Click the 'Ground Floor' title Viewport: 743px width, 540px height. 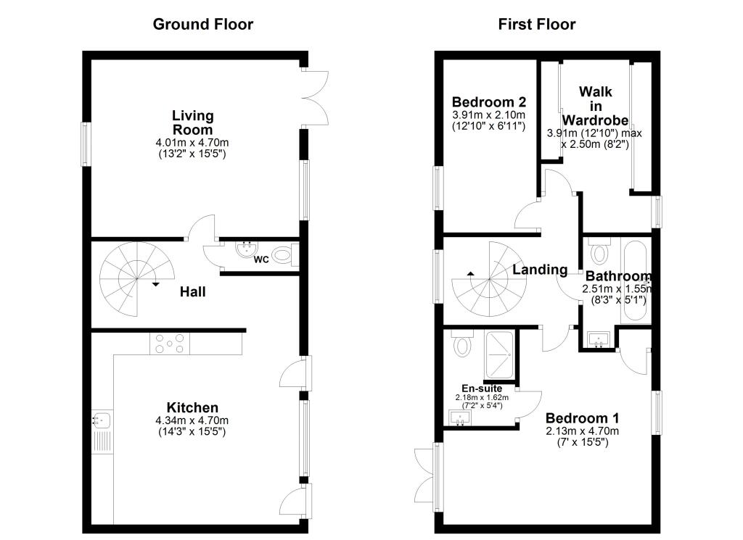point(202,24)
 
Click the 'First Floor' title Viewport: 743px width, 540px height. point(536,24)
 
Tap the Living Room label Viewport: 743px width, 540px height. point(192,122)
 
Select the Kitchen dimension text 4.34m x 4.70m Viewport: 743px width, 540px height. point(192,420)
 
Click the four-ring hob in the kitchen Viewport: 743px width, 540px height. point(169,344)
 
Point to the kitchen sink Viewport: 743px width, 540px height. point(101,419)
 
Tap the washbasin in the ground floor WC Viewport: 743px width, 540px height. point(247,250)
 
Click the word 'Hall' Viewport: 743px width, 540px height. point(194,292)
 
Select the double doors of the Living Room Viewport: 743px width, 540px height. point(316,98)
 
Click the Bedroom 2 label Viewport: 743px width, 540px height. point(488,102)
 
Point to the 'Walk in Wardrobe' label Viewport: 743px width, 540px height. point(595,106)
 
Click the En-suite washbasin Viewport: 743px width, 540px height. point(460,418)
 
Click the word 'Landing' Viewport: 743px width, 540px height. point(540,270)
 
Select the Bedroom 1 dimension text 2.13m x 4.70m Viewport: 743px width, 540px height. point(582,431)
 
